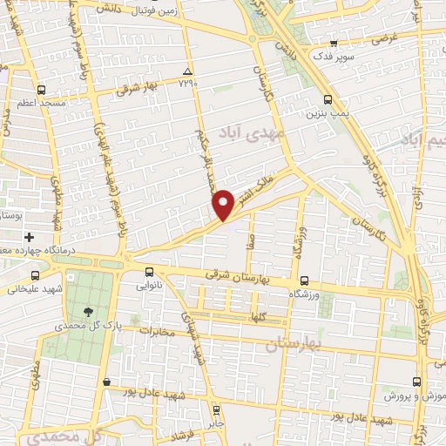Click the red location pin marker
[x=224, y=204]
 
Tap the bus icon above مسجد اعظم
[x=41, y=90]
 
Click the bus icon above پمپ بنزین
[x=328, y=99]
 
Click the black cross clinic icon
[x=29, y=237]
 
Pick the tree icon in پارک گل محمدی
[x=88, y=311]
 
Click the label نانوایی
[x=149, y=285]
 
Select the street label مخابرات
[x=158, y=331]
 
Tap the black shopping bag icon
[x=106, y=382]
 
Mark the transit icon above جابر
[x=217, y=408]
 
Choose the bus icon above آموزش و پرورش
[x=416, y=382]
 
